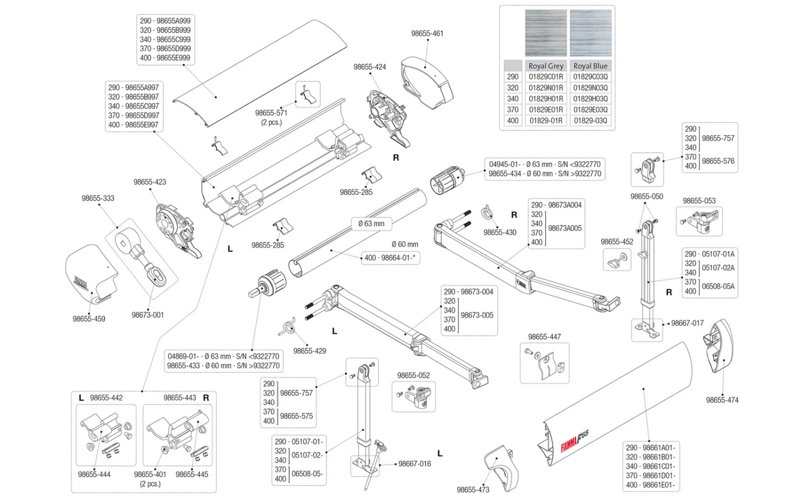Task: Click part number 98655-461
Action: point(427,33)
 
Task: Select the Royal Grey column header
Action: point(545,66)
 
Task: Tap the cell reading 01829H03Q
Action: point(590,99)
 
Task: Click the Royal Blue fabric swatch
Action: point(590,33)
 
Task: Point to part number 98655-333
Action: point(98,198)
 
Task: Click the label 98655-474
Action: point(722,400)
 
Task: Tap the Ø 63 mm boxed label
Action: point(371,223)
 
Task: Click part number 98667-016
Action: point(414,464)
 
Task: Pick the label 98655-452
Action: point(616,241)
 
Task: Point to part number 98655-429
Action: point(310,351)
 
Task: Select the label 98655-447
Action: point(544,336)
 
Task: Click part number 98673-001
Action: point(148,315)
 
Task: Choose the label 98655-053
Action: point(699,201)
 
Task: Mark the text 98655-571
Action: point(271,113)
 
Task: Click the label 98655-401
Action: point(150,474)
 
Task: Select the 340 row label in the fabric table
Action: point(513,99)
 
